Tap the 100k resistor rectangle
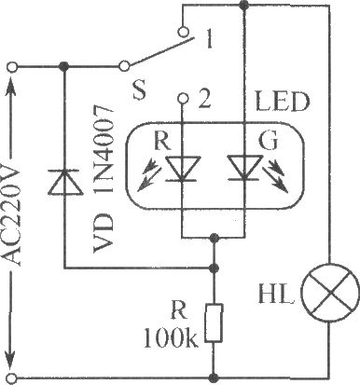(214, 323)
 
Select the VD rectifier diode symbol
(64, 182)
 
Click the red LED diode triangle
(182, 168)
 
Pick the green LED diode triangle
(244, 168)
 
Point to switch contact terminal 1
(183, 32)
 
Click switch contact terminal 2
(183, 98)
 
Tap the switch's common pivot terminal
(124, 66)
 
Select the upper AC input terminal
(12, 67)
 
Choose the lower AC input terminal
(12, 378)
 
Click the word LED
(283, 102)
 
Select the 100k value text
(171, 338)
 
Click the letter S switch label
(139, 90)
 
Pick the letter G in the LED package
(268, 142)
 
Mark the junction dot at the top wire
(244, 5)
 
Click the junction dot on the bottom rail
(214, 378)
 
